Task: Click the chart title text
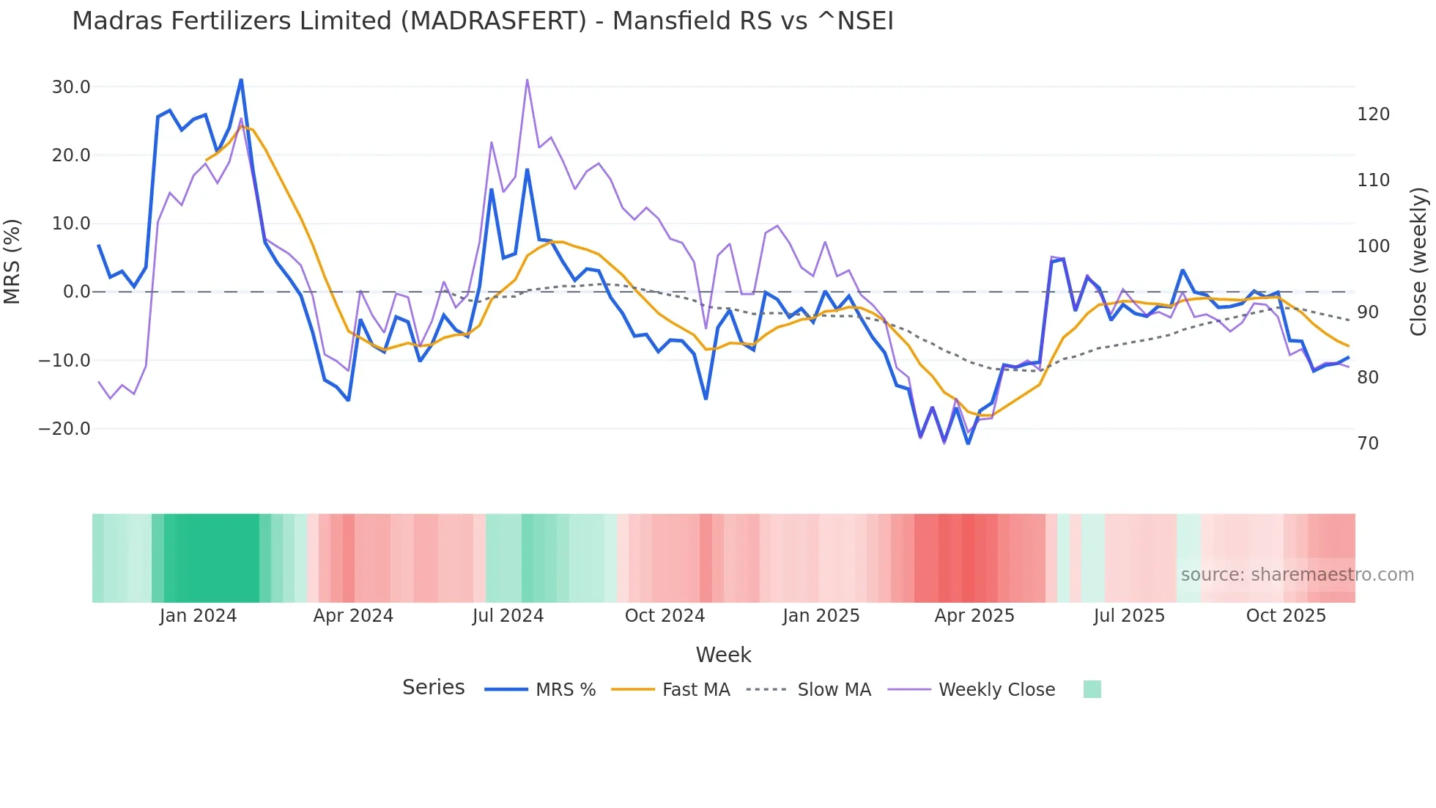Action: (482, 21)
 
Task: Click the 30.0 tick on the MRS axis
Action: (71, 87)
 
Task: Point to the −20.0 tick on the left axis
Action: (64, 429)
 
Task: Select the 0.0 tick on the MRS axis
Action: (76, 292)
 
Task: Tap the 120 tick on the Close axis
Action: (1373, 114)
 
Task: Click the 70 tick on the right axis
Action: (1368, 444)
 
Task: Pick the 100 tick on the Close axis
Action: (1373, 246)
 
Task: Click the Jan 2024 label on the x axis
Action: (198, 616)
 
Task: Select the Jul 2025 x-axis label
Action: (1129, 616)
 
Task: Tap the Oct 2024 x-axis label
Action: (665, 616)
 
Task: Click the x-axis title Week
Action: (723, 655)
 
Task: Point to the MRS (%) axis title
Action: (12, 262)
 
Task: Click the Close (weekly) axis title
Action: (1418, 262)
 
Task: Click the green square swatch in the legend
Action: (1092, 689)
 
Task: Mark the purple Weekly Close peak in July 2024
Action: (528, 80)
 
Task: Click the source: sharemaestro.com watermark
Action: (1297, 575)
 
